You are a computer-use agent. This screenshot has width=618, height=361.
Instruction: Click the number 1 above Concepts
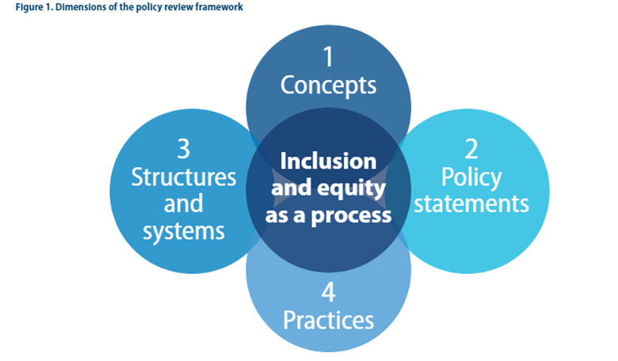tap(328, 56)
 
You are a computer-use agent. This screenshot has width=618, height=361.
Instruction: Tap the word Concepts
tap(328, 85)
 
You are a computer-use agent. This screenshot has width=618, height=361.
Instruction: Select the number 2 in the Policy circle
tap(471, 148)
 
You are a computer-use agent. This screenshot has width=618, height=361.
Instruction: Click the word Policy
tap(471, 176)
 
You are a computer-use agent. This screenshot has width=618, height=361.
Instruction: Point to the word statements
tap(471, 203)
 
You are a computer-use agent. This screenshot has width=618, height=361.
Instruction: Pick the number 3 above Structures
tap(183, 148)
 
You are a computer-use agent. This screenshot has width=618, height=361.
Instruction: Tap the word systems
tap(183, 231)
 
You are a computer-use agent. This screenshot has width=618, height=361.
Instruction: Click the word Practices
tap(328, 320)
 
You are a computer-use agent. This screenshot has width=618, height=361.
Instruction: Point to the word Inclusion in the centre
tap(328, 161)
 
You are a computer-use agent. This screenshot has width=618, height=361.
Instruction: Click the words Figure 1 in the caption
tap(23, 8)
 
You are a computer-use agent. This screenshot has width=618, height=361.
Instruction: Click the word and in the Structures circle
tap(183, 203)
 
